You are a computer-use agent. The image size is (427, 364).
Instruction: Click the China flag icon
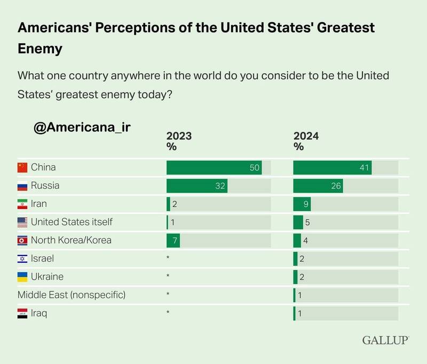click(22, 167)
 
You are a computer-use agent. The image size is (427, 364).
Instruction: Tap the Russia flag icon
click(22, 186)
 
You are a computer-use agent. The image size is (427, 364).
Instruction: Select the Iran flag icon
click(22, 204)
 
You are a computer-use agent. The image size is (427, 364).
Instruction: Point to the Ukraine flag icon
click(22, 277)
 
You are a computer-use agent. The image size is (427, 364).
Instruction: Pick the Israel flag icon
click(22, 259)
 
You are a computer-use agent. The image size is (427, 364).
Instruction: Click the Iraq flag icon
click(22, 313)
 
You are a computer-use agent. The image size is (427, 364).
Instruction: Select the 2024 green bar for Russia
click(318, 186)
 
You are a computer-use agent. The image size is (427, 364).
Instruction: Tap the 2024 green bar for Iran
click(302, 204)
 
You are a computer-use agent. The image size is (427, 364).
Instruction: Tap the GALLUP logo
click(385, 340)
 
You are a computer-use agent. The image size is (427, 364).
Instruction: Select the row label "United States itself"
click(72, 222)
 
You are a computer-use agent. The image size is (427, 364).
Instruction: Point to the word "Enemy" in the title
click(40, 49)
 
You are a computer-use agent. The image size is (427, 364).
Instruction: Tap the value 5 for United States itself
click(307, 222)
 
